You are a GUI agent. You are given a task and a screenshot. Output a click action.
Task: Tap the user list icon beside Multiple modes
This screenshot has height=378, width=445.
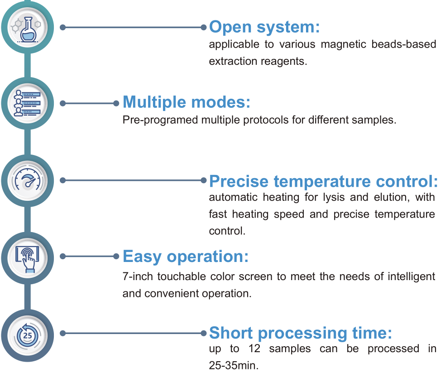27,103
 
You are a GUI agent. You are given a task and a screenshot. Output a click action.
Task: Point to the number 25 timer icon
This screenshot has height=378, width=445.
28,335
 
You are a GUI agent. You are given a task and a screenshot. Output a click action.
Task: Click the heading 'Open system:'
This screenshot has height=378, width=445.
264,27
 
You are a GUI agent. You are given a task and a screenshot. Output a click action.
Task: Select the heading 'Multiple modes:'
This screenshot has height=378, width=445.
187,102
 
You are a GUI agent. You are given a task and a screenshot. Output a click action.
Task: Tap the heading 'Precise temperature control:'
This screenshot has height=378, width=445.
324,181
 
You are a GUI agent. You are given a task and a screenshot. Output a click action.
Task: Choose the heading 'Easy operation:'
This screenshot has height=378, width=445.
186,257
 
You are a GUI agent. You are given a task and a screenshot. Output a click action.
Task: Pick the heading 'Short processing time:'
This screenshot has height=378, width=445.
301,333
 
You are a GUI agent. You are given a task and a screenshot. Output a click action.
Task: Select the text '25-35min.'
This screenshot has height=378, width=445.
234,365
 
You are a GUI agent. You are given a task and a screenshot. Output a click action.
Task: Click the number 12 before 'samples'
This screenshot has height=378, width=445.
254,349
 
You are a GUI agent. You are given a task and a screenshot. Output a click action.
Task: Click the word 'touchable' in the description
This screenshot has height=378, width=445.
182,276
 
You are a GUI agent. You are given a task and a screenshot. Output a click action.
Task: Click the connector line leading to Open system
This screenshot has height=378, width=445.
133,27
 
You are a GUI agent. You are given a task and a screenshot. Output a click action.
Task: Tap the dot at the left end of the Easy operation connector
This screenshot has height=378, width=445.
63,257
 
